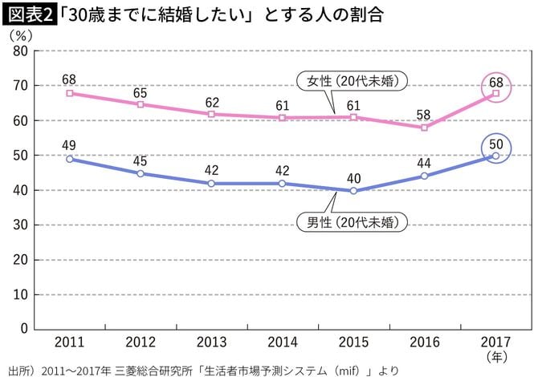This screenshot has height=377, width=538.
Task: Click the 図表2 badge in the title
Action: click(29, 15)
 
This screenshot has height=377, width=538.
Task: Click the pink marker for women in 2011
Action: click(70, 93)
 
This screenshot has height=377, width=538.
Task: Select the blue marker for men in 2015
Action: click(353, 191)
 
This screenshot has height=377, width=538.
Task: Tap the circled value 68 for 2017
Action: click(495, 83)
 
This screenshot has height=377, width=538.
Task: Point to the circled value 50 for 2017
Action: click(495, 144)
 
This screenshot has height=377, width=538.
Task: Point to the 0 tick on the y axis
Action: click(25, 329)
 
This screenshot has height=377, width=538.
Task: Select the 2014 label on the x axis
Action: click(283, 342)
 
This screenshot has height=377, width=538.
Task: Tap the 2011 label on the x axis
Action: click(70, 342)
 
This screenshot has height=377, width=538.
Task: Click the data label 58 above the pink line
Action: click(424, 114)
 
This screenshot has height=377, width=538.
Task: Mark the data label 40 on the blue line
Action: click(353, 177)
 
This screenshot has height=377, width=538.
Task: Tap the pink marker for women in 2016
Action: click(424, 128)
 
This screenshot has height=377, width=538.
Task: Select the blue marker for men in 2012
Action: click(141, 173)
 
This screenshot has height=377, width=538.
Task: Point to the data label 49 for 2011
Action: click(70, 146)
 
